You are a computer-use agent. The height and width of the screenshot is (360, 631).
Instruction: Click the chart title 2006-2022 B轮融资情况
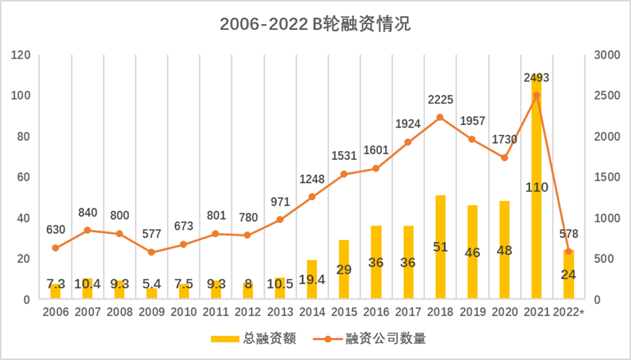[x=315, y=25]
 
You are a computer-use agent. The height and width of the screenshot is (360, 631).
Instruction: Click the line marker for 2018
[x=440, y=118]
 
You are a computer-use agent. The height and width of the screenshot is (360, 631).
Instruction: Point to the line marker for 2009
[x=152, y=252]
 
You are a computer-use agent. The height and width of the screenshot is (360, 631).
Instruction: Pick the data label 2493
[x=536, y=79]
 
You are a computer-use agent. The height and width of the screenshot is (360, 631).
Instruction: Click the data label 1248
[x=312, y=180]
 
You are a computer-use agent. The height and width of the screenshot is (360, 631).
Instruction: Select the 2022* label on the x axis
[x=568, y=312]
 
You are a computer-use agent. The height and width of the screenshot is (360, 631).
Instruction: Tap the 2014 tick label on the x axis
[x=312, y=312]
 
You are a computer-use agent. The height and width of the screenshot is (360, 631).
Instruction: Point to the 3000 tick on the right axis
[x=604, y=55]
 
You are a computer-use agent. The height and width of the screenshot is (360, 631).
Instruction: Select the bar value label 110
[x=536, y=188]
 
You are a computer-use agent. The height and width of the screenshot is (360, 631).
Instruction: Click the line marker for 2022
[x=568, y=252]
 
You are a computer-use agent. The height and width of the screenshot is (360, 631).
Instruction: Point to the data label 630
[x=55, y=230]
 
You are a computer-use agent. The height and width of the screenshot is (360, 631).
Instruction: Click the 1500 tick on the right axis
[x=604, y=177]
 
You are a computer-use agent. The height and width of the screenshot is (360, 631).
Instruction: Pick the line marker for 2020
[x=504, y=158]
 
